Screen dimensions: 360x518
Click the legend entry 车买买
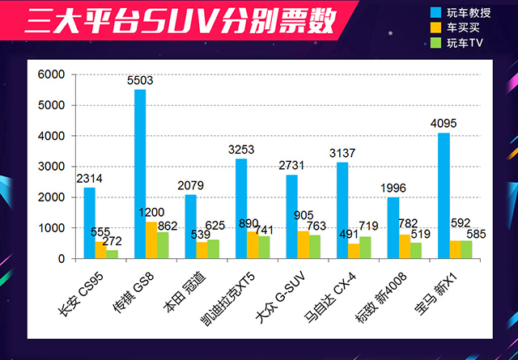click(x=454, y=27)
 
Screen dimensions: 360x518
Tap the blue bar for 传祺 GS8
click(x=140, y=174)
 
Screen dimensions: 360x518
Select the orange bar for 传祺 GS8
click(x=151, y=240)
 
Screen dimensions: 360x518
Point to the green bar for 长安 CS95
click(x=113, y=254)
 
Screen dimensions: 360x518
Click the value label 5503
click(x=140, y=81)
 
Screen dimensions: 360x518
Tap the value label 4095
click(x=444, y=125)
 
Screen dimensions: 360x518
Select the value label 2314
click(x=90, y=179)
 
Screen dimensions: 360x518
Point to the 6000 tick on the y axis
click(x=49, y=74)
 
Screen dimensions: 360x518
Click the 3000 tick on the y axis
click(x=49, y=167)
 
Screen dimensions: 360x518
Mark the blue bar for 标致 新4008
click(x=393, y=228)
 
